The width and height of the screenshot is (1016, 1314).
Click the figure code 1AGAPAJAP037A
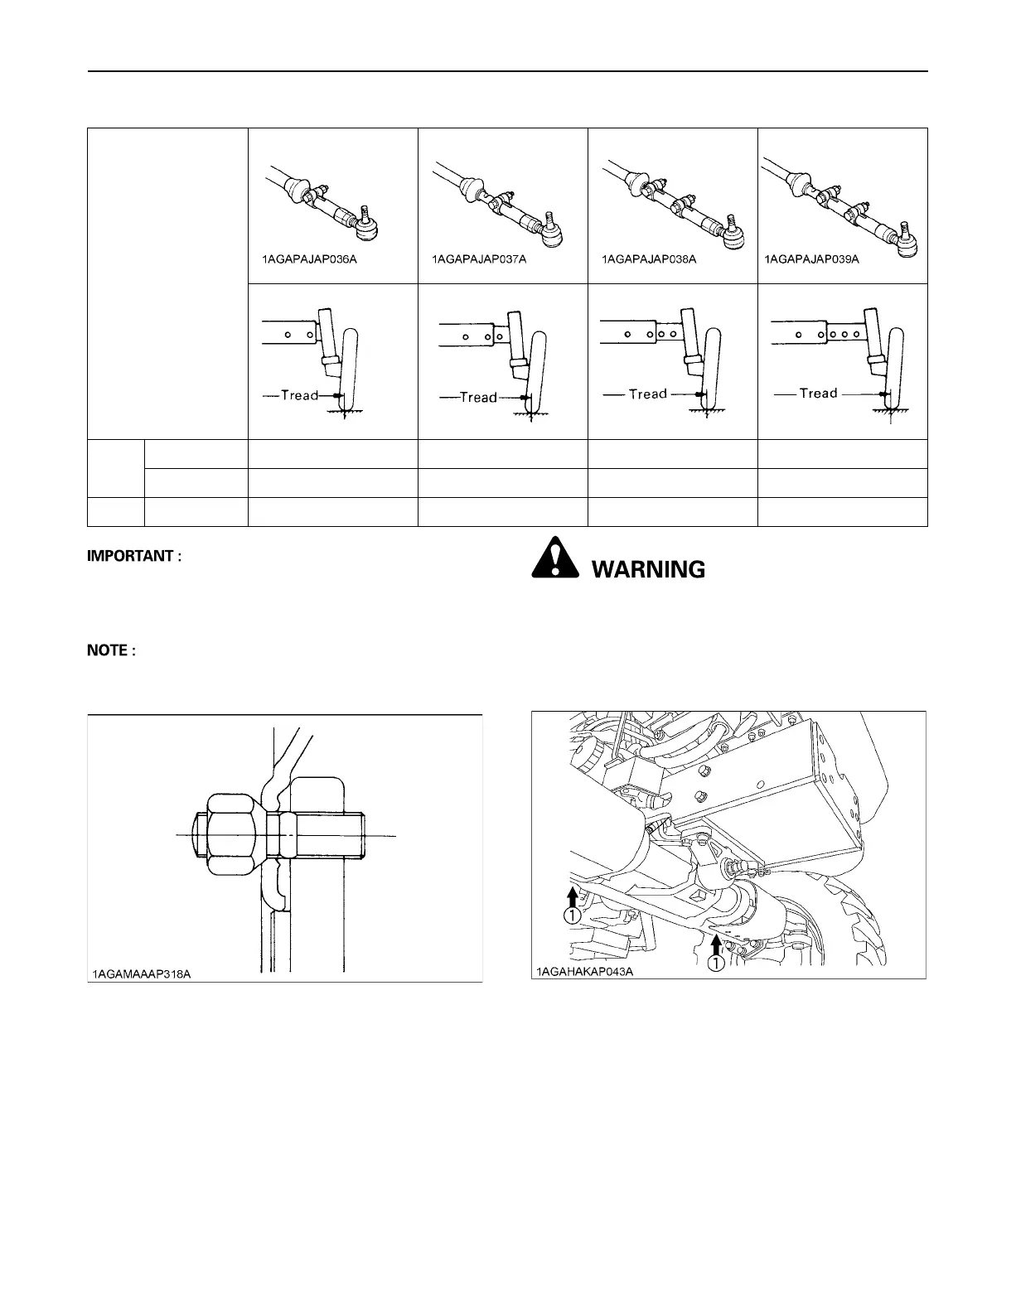click(479, 259)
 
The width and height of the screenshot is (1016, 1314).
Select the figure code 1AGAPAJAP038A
click(648, 259)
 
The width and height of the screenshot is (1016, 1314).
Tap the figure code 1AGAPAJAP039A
click(811, 259)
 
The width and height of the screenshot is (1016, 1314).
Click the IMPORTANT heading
click(133, 556)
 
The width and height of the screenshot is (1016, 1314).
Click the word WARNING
click(647, 569)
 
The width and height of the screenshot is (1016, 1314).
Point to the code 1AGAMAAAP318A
click(141, 973)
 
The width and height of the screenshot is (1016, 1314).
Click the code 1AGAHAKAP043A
click(583, 971)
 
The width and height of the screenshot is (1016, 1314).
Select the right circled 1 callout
click(715, 963)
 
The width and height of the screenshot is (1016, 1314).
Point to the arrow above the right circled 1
click(715, 942)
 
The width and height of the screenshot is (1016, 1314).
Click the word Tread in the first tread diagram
click(300, 395)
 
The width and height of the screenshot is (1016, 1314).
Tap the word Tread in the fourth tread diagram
click(818, 393)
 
